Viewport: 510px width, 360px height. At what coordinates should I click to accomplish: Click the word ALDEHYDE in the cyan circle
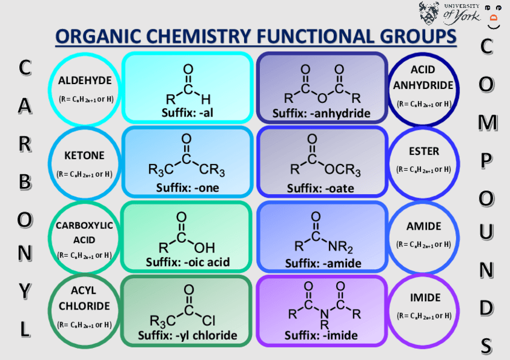85,81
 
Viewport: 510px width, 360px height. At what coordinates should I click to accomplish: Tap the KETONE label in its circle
84,156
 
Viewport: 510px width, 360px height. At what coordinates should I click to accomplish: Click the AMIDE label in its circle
423,227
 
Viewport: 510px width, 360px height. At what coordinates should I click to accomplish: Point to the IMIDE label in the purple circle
425,297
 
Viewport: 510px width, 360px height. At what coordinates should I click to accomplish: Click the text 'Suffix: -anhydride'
321,113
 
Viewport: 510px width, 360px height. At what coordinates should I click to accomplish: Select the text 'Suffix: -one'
188,188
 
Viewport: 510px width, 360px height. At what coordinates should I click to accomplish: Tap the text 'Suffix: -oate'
320,188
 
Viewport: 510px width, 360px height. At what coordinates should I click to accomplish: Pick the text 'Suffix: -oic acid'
188,263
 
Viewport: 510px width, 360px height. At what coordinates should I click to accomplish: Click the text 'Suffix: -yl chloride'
188,335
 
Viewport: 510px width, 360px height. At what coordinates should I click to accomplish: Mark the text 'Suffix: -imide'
321,335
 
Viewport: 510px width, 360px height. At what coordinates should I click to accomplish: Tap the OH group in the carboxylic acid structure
204,247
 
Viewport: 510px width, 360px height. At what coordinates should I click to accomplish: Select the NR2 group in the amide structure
341,246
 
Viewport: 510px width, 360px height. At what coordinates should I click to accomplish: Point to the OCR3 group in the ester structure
343,171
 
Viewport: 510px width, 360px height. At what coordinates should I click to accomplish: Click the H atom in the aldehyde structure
206,98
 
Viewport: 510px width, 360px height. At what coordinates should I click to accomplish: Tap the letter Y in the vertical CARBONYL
24,291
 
